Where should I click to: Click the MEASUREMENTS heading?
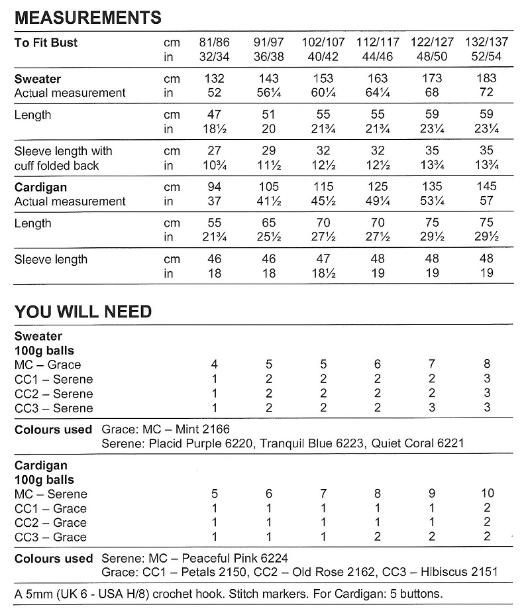click(x=87, y=17)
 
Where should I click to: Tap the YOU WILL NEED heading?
click(x=83, y=311)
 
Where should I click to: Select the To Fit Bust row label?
click(x=46, y=43)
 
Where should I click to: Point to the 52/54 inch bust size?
click(x=487, y=57)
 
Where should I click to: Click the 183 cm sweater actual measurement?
click(x=487, y=79)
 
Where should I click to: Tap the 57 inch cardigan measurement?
click(x=487, y=201)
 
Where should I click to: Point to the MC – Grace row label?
click(x=48, y=365)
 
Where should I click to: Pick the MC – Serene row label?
click(x=50, y=494)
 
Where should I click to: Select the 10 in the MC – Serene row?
click(x=487, y=494)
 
